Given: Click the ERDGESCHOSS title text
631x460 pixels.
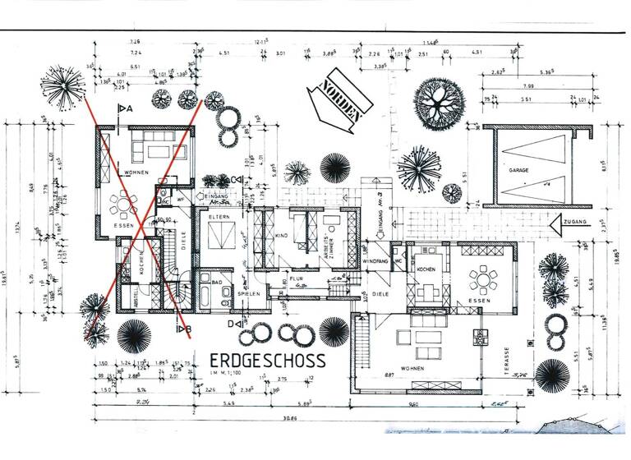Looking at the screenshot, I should tap(267, 360).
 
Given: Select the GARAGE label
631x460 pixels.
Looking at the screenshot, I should tap(518, 170).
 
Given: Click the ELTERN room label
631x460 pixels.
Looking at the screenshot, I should tap(219, 217).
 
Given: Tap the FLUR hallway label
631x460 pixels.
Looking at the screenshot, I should tap(295, 278).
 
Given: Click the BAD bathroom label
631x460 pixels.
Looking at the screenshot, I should tap(217, 282).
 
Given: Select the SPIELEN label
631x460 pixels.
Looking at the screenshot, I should tap(249, 292).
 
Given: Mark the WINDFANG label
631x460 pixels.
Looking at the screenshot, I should tap(375, 261).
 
